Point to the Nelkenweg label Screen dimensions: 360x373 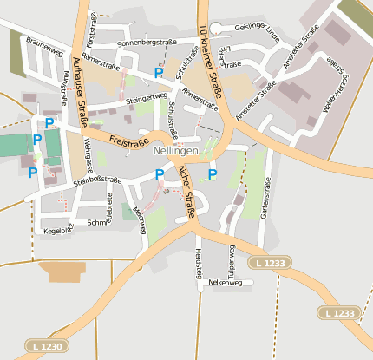coord(224,283)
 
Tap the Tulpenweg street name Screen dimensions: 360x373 coord(232,259)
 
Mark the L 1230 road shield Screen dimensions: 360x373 coord(43,345)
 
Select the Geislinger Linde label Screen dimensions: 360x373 coord(257,32)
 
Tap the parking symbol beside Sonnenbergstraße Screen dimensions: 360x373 coord(158,73)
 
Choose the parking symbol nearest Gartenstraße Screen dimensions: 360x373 coord(213,175)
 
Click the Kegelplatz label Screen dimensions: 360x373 coord(58,231)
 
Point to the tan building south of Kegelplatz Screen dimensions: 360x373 coord(62,272)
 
